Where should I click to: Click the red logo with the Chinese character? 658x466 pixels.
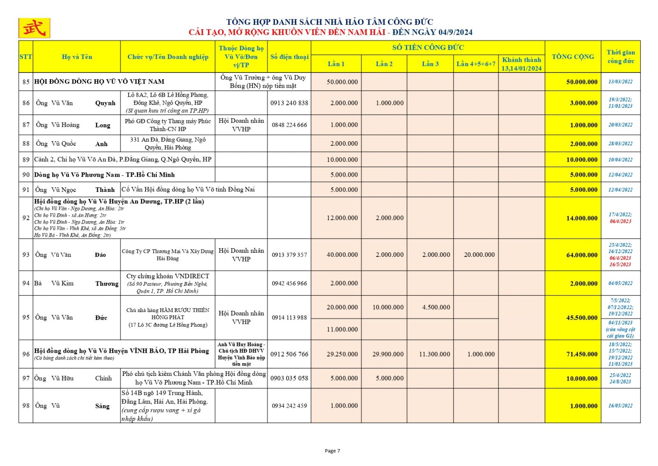tap(34, 28)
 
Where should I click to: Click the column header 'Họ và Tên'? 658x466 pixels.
tap(77, 57)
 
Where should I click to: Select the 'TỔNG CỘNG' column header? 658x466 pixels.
tap(572, 57)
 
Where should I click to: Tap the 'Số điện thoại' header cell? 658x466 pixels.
tap(289, 57)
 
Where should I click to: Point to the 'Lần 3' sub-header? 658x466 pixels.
tap(430, 64)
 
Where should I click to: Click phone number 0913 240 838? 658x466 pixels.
tap(289, 103)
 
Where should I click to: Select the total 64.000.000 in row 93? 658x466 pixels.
tap(582, 255)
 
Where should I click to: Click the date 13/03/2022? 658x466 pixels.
tap(620, 82)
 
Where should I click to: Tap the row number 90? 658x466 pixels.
tap(26, 175)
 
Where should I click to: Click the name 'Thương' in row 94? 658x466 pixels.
tap(107, 283)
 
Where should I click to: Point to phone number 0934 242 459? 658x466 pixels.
tap(289, 405)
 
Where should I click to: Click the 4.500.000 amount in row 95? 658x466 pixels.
tap(436, 307)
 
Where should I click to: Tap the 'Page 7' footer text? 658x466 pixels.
tap(332, 451)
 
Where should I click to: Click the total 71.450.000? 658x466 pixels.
tap(582, 354)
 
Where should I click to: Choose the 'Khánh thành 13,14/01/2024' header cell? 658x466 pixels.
tap(521, 64)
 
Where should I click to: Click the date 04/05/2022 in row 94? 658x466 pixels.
tap(620, 283)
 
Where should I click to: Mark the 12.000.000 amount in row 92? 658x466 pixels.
tap(342, 218)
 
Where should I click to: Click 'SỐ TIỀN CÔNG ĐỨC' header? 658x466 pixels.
tap(428, 47)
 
